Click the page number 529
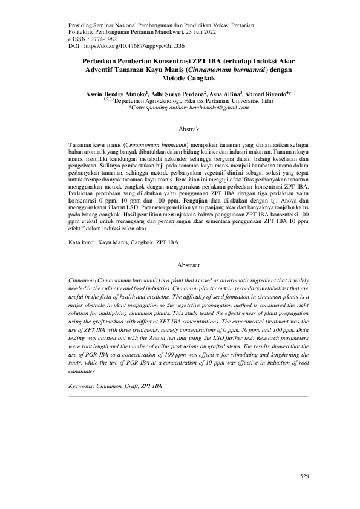[x=304, y=477]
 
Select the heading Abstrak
[x=189, y=129]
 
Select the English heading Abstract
[x=189, y=265]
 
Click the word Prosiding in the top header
[x=82, y=25]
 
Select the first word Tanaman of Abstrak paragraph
[x=83, y=147]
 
